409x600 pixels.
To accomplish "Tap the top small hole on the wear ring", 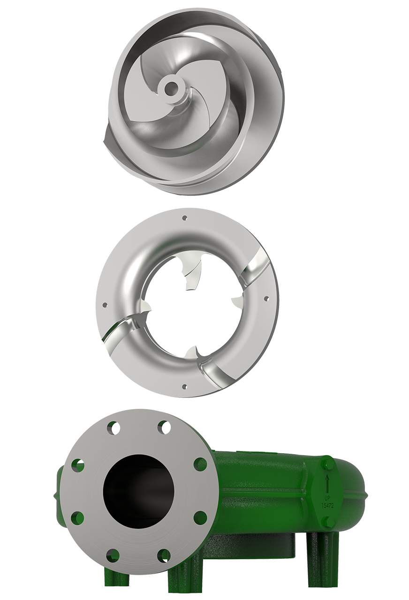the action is [x=184, y=218].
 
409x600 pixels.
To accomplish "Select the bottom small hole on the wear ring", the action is [x=184, y=386].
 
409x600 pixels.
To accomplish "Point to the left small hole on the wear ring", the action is [x=105, y=305].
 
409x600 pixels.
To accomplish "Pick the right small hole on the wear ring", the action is [x=266, y=298].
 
